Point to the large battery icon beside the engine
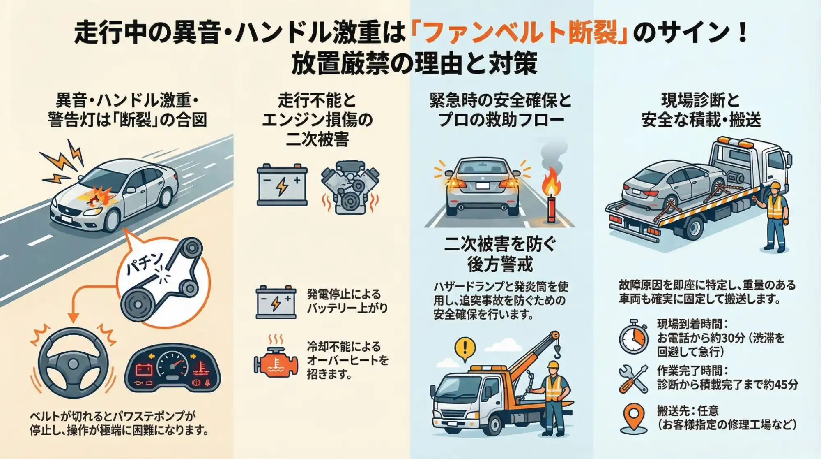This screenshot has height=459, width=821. point(282,185)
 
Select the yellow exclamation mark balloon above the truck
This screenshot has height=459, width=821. point(465,348)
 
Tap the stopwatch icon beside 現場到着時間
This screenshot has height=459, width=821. point(634,338)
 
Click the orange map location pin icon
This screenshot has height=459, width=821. point(634,416)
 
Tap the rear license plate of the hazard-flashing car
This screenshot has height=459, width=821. point(482,186)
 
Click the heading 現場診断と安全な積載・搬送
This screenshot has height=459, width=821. point(701,110)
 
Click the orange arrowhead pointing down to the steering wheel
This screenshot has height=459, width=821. point(73,318)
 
